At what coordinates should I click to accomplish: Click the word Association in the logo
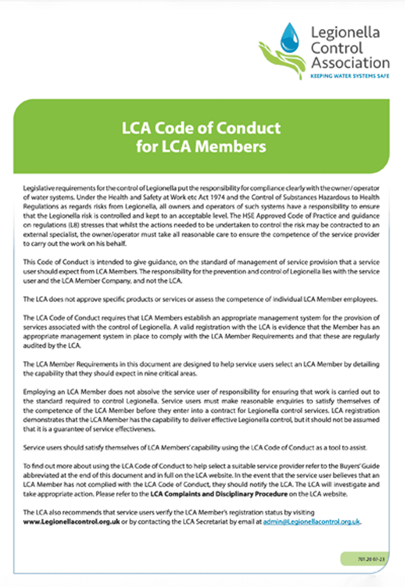point(350,63)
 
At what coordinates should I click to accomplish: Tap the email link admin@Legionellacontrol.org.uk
point(312,521)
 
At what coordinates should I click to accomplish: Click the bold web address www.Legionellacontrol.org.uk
point(72,521)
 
